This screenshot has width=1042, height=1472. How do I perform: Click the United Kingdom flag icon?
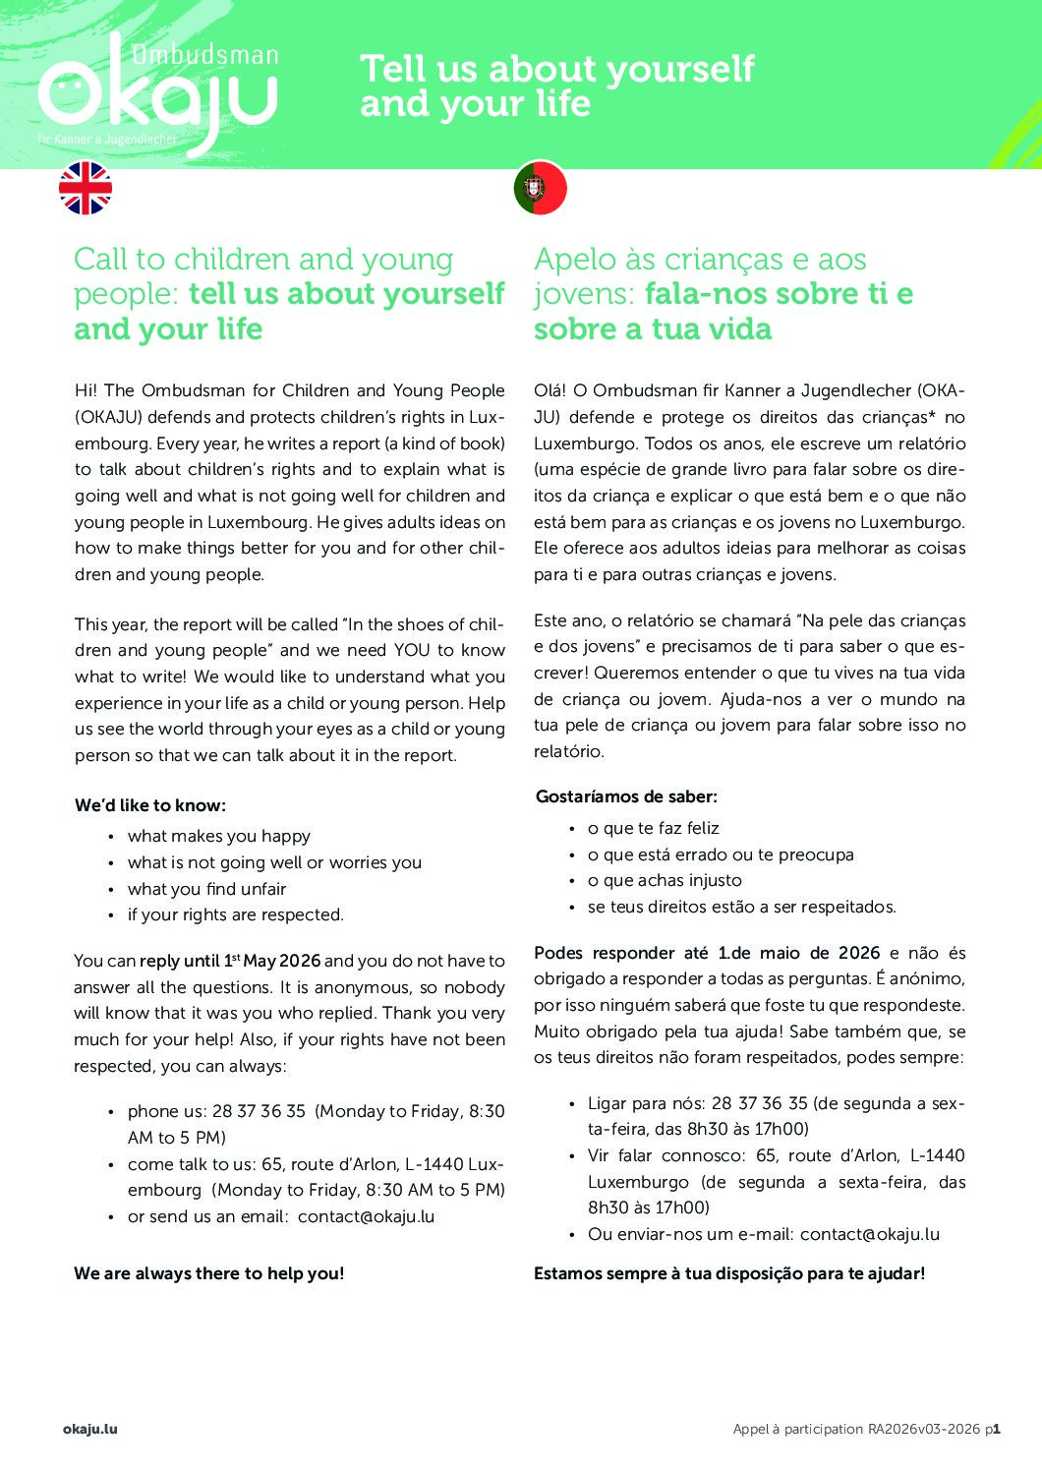point(86,188)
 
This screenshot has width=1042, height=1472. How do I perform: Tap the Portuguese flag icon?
point(540,188)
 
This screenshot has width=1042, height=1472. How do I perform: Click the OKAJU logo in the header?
point(157,93)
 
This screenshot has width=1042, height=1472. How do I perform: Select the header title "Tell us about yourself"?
point(556,69)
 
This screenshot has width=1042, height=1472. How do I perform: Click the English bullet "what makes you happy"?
point(218,836)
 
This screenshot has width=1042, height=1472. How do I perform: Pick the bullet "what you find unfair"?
point(206,889)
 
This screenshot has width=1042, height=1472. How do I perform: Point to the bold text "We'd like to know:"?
point(150,805)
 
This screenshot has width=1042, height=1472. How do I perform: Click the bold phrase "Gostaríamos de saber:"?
point(626,796)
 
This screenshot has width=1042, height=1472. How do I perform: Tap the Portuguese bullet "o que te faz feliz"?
point(653,828)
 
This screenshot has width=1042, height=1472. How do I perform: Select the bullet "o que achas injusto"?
point(665,881)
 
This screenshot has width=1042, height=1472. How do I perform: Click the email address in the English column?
point(366,1216)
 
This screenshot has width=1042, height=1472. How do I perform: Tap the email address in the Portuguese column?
point(869,1234)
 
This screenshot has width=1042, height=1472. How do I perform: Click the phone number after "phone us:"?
point(259,1111)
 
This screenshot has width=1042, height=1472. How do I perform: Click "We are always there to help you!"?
point(208,1273)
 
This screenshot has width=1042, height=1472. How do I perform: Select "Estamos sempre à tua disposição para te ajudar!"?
point(728,1273)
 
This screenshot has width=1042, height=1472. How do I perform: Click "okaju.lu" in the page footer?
point(89,1429)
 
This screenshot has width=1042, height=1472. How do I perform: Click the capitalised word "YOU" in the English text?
point(412,650)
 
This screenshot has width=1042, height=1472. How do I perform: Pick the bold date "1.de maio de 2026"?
point(798,953)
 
